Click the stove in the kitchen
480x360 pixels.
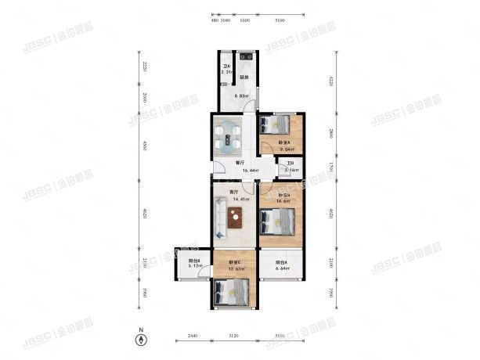click(x=247, y=56)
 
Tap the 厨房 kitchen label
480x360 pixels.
click(x=244, y=77)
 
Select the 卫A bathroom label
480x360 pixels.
click(x=226, y=67)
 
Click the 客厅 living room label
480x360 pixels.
click(x=233, y=193)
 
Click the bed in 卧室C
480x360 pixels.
click(x=231, y=293)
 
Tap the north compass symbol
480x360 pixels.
click(x=141, y=340)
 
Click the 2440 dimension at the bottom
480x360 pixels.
click(x=193, y=336)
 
